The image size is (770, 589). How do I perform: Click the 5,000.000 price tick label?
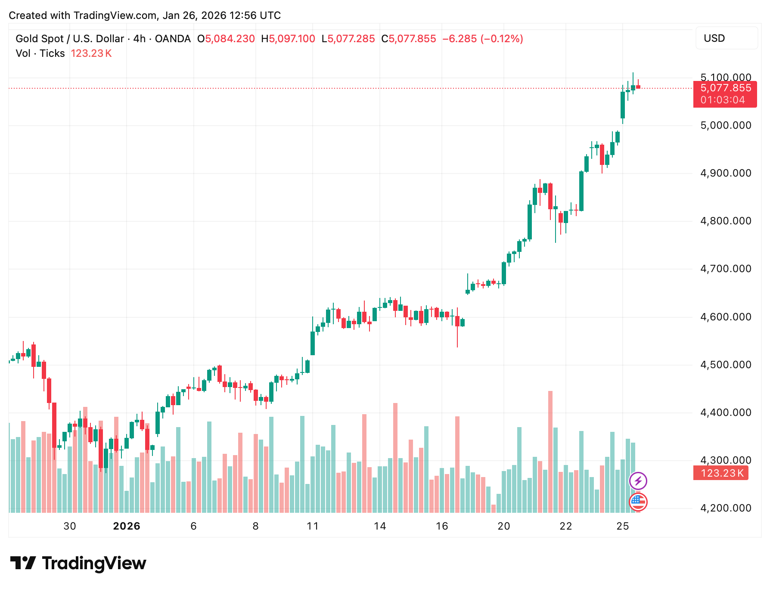(726, 125)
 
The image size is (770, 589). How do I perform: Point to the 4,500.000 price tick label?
(726, 365)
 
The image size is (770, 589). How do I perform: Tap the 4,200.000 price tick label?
(726, 508)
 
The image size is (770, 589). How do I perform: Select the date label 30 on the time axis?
(70, 526)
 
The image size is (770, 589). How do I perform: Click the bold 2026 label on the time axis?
(127, 526)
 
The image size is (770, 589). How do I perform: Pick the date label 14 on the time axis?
(380, 526)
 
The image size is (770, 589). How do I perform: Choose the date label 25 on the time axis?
(623, 526)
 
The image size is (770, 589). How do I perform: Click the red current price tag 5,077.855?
(726, 88)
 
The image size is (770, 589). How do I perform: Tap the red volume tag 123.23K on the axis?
(722, 473)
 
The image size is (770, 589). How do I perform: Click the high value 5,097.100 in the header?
(292, 39)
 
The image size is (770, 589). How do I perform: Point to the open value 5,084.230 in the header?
(230, 39)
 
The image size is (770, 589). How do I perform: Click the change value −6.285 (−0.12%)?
(482, 39)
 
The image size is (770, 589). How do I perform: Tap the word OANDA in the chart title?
(173, 39)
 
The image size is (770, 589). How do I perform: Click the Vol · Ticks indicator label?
(40, 53)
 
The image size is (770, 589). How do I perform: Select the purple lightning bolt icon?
(638, 481)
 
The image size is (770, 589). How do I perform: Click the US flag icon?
(638, 502)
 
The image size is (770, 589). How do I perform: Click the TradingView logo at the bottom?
(78, 563)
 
